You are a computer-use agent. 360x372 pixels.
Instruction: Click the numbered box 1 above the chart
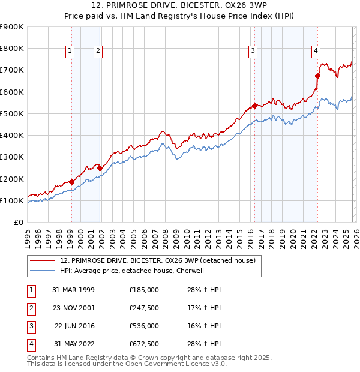coord(70,52)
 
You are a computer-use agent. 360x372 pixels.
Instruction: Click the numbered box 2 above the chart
coord(97,52)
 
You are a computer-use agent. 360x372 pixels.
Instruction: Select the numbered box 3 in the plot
coord(253,52)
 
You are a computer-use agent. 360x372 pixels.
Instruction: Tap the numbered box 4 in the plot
coord(316,52)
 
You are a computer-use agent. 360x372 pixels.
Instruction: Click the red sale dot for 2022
coord(317,76)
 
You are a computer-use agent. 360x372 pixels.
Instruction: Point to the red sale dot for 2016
coord(254,106)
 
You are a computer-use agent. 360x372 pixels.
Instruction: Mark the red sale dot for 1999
coord(71,182)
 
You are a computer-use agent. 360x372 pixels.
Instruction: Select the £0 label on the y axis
coord(19,222)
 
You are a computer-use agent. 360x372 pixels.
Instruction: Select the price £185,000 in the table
coord(143,289)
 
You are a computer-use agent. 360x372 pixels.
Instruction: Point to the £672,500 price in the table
coord(143,344)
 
